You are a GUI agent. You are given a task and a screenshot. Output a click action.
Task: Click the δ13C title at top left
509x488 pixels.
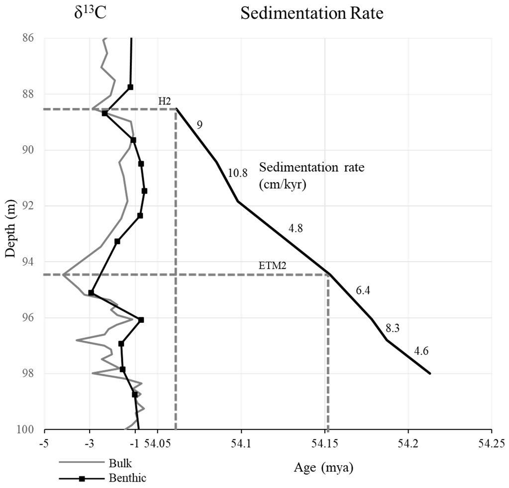tap(88, 13)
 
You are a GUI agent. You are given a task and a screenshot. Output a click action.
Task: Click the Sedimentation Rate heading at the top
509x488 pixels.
tap(312, 13)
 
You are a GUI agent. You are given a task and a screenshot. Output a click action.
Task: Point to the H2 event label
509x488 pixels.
tap(165, 101)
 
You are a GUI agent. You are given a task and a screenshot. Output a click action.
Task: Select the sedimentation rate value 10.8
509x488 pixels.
tap(237, 173)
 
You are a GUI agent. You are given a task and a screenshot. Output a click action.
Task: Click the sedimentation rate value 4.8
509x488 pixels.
tap(295, 229)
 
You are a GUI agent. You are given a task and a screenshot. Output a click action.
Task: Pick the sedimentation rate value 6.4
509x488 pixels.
tap(363, 291)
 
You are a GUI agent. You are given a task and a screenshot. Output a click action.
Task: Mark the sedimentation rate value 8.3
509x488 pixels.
tap(393, 328)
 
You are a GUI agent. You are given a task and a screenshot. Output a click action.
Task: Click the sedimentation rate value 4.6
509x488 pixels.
tap(421, 351)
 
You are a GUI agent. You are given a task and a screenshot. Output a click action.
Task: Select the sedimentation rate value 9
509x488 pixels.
tap(199, 125)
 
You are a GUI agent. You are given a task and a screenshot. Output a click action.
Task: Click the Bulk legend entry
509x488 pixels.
tap(120, 464)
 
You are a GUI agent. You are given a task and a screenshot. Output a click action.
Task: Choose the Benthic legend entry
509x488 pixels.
tap(126, 479)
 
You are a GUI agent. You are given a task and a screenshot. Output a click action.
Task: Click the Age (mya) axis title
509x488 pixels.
tap(322, 468)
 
